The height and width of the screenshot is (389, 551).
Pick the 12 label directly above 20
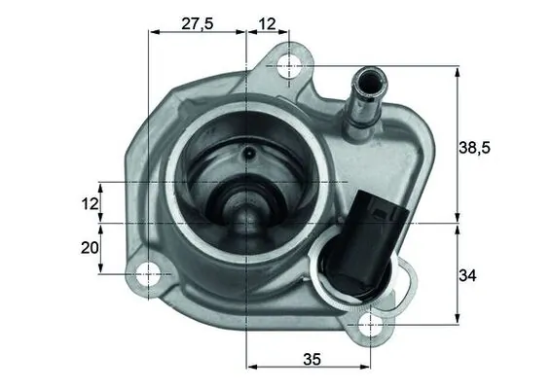point(90,203)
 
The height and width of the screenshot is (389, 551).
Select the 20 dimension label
point(90,248)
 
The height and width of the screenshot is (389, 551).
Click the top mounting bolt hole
point(289,66)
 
